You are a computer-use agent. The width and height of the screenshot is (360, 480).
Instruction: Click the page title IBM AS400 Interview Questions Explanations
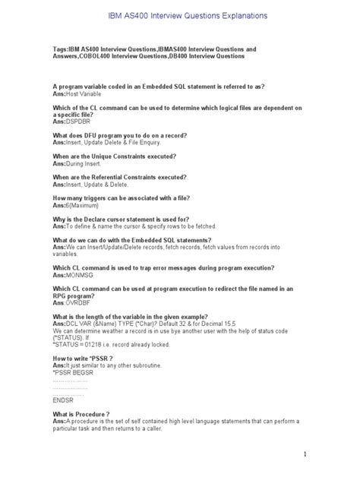pos(179,15)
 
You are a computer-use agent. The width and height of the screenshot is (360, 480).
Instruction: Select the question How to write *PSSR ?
pos(83,358)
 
